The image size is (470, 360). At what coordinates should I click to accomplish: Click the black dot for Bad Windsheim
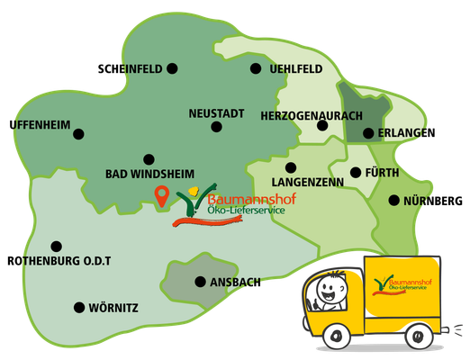(x=149, y=157)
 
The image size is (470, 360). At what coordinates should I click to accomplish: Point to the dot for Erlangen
(x=367, y=134)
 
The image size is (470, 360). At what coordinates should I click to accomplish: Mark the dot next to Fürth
(x=355, y=172)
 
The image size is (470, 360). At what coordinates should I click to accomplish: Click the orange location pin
(x=162, y=195)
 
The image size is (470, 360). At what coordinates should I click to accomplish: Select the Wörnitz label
(x=113, y=308)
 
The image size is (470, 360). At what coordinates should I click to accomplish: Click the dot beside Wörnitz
(x=79, y=308)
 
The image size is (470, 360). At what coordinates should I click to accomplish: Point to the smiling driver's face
(x=333, y=291)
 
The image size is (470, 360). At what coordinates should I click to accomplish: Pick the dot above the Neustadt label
(x=216, y=127)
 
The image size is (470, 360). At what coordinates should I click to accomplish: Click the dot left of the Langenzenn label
(x=289, y=167)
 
